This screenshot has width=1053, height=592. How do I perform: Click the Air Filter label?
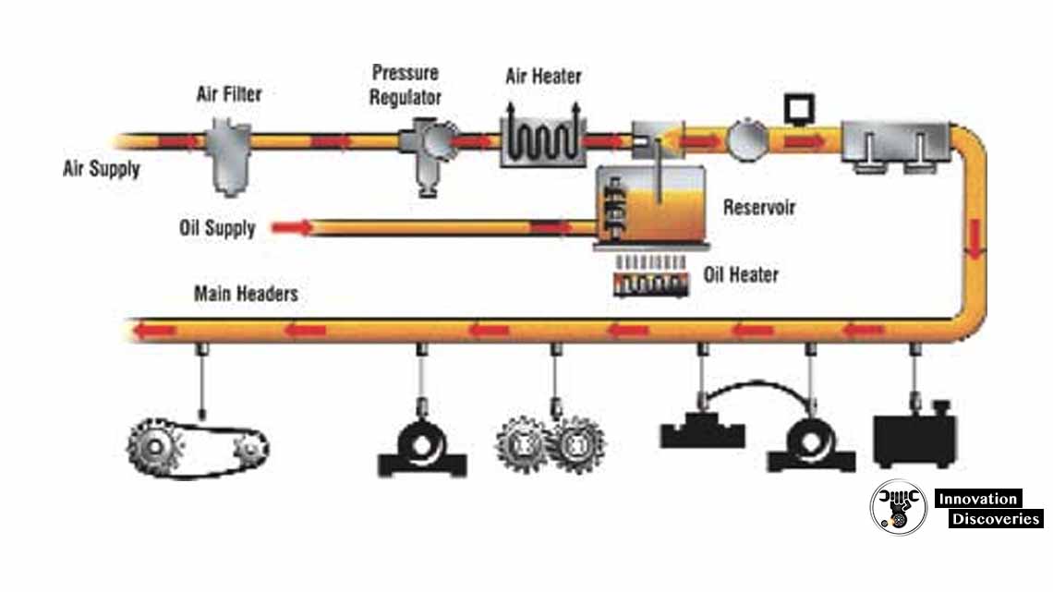point(228,95)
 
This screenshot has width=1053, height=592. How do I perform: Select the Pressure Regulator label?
point(405,84)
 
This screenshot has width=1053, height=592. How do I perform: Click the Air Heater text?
point(543,76)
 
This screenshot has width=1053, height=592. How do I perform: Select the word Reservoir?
point(759,206)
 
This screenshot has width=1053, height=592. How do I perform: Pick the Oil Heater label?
point(741,274)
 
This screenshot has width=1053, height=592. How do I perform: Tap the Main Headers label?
point(246,294)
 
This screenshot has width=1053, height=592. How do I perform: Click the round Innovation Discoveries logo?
point(898,507)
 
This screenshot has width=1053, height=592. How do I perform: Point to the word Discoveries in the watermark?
point(995,519)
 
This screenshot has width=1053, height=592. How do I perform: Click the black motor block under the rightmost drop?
point(914,440)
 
